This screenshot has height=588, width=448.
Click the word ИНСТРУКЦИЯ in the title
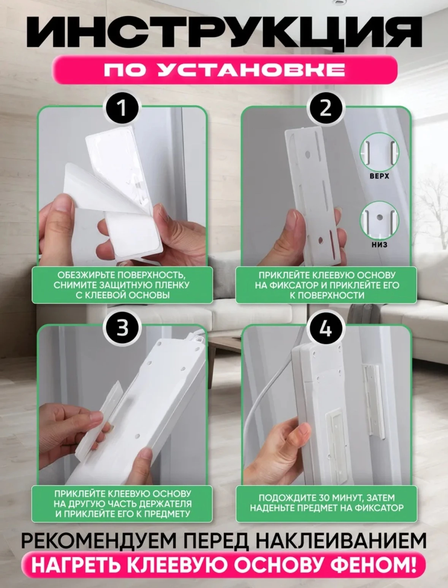224,33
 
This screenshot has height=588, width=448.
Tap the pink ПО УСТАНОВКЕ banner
224,70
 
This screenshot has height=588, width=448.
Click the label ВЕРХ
379,176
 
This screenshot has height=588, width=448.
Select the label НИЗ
379,244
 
